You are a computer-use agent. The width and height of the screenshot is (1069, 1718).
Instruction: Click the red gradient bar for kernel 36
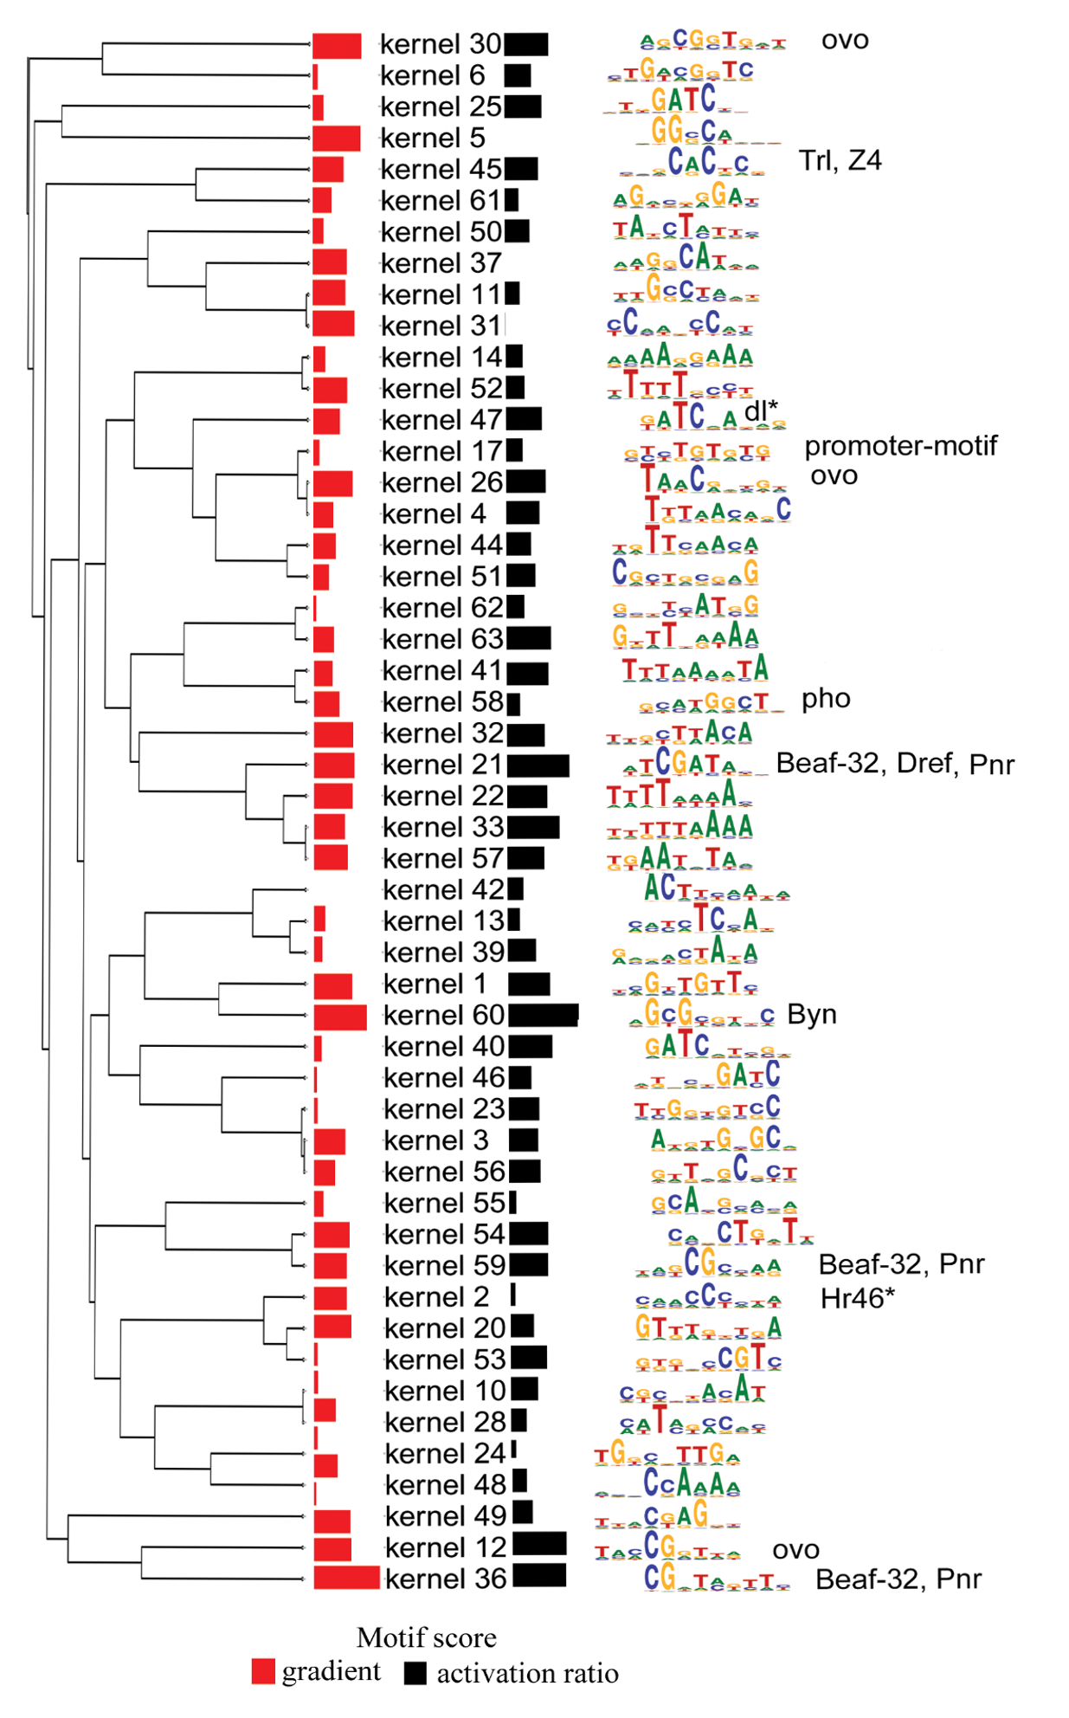tap(346, 1578)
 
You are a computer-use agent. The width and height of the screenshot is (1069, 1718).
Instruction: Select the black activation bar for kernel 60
tap(543, 1015)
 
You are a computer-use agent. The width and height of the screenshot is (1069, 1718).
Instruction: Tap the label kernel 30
tap(441, 44)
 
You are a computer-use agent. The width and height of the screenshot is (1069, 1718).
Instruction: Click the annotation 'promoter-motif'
tap(900, 446)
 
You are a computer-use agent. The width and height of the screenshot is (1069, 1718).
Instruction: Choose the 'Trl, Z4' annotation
tap(839, 160)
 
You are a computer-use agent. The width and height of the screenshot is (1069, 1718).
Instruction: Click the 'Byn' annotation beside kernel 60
tap(811, 1014)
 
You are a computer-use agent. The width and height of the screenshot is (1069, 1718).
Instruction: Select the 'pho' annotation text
tap(826, 698)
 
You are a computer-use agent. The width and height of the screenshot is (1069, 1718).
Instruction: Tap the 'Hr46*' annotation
tap(857, 1297)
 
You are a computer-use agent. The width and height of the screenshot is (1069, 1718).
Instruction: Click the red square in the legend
tap(263, 1671)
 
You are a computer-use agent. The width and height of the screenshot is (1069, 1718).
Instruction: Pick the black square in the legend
tap(415, 1673)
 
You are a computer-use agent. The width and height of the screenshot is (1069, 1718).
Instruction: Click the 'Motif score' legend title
tap(426, 1637)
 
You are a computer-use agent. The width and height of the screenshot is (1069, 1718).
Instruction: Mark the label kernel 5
tap(432, 138)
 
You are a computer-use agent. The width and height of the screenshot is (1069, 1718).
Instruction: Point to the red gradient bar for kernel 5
tap(336, 138)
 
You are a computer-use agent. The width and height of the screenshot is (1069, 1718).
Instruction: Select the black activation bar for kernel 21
tap(538, 765)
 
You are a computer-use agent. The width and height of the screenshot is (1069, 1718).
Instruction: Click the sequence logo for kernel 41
tap(694, 669)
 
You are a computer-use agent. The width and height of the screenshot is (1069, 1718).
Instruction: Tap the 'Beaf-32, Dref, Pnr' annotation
tap(894, 764)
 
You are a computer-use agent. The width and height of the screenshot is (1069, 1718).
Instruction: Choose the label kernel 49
tap(445, 1516)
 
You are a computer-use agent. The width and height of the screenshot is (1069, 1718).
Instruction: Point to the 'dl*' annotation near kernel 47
tap(760, 410)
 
